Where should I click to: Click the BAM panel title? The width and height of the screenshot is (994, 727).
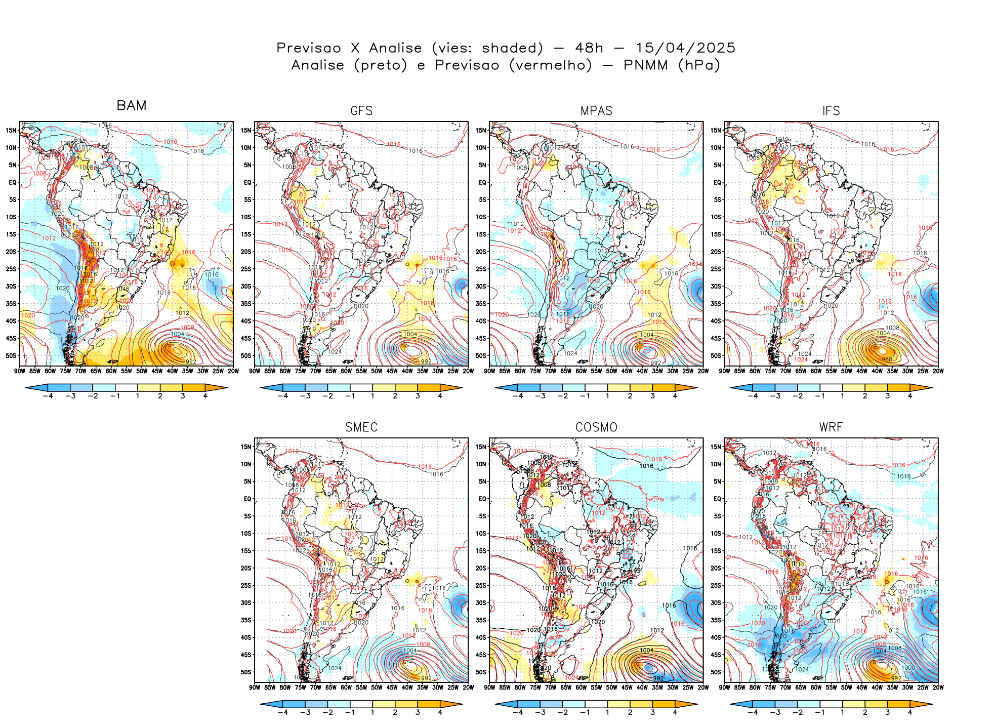131,105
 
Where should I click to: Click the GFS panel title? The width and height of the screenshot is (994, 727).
361,111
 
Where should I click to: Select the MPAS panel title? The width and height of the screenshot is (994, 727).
596,111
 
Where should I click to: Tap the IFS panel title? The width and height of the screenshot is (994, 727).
831,111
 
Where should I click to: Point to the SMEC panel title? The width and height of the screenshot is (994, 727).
361,427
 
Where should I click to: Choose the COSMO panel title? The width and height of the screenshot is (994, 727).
596,427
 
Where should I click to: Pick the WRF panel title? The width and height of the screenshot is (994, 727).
831,427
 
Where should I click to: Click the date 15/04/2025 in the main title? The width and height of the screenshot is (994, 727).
685,48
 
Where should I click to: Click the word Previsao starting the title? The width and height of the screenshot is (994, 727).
308,48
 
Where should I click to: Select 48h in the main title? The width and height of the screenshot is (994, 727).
589,48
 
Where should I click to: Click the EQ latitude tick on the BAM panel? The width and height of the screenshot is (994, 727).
13,182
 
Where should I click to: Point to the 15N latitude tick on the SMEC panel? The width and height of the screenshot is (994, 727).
246,447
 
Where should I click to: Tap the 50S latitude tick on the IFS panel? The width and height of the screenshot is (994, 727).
716,355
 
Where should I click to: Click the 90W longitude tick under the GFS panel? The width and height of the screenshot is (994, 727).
255,371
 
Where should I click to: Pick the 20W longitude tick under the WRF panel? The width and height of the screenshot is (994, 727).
938,688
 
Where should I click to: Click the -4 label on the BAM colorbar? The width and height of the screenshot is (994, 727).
48,396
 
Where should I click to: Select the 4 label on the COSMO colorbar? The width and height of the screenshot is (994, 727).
675,712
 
